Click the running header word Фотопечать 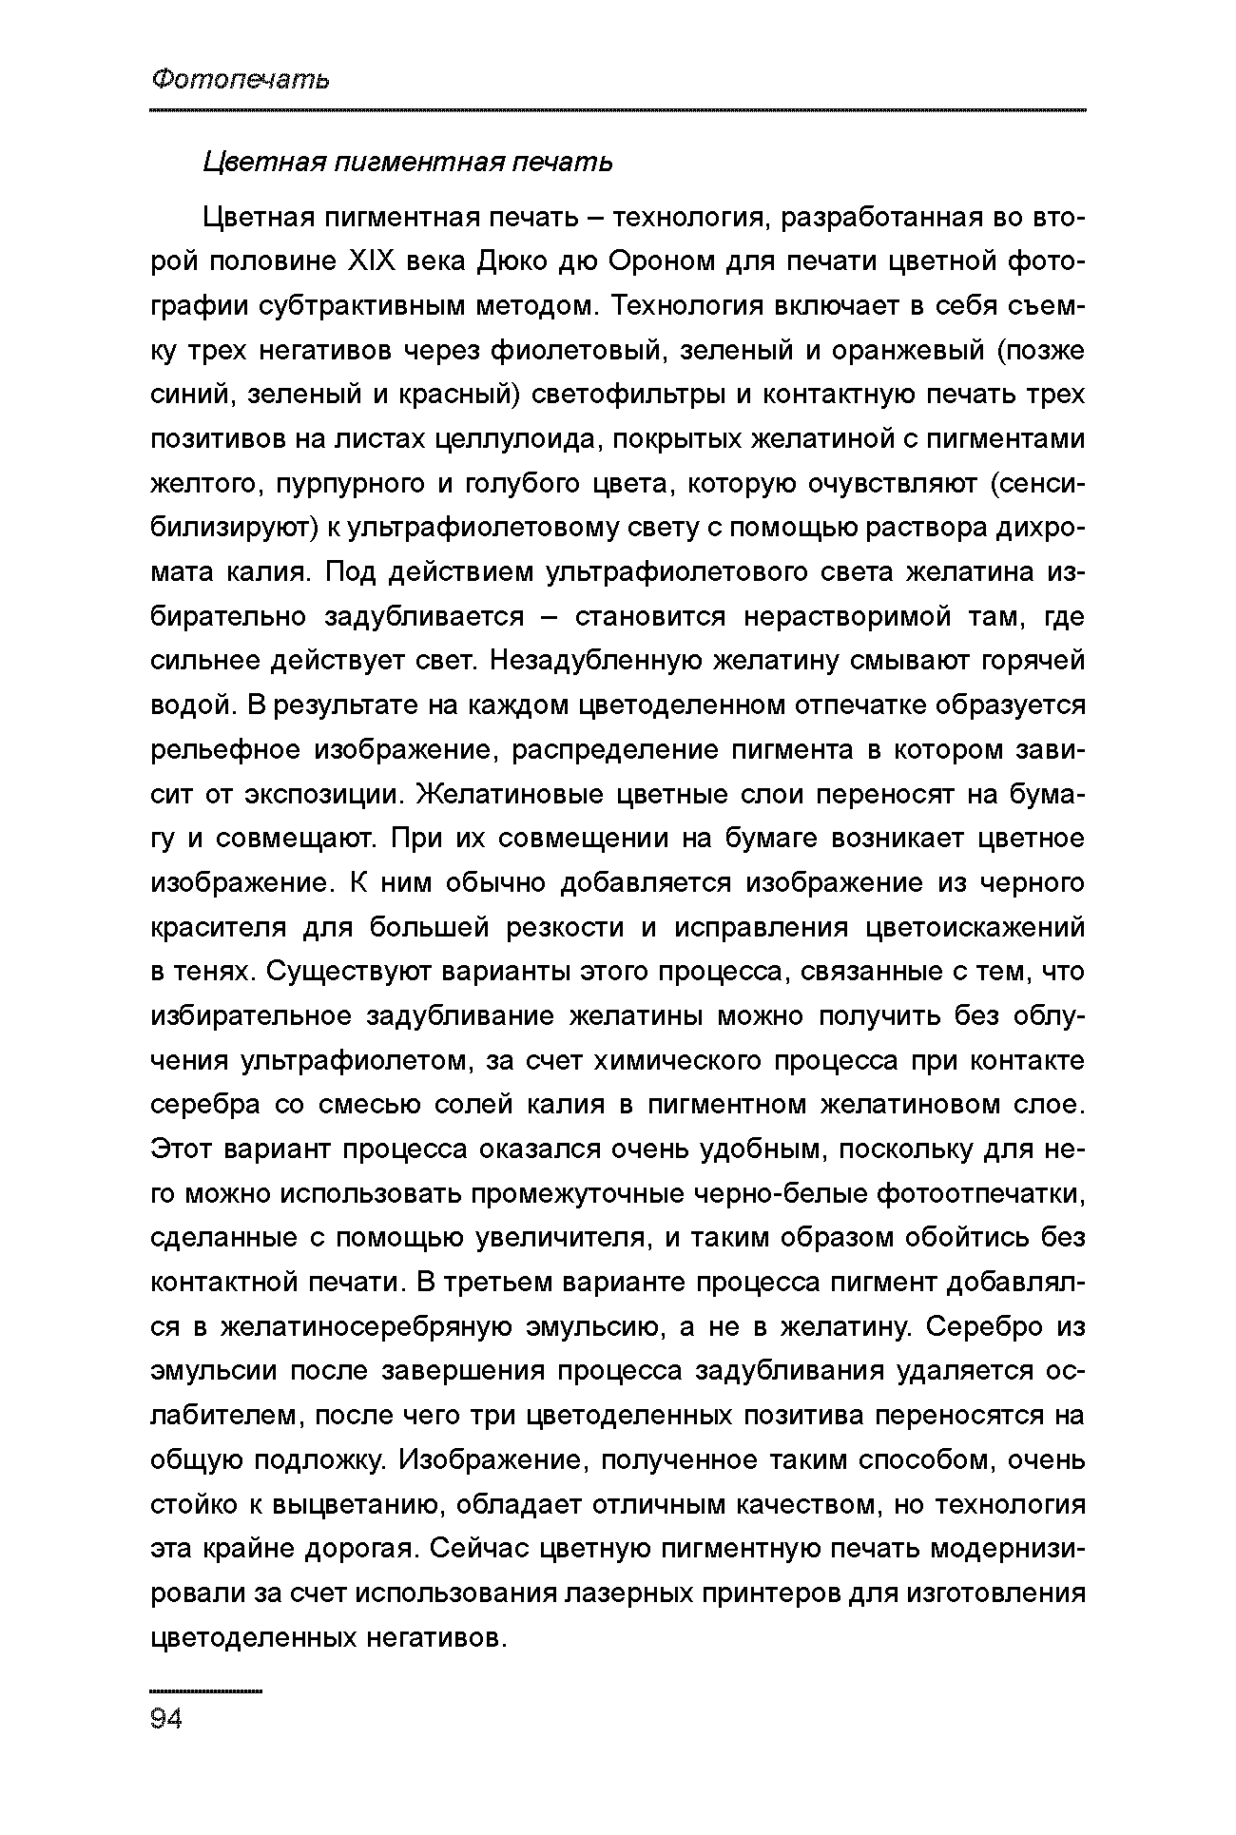point(240,79)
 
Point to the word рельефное point(223,750)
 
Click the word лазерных point(624,1593)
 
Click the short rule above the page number point(205,1691)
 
